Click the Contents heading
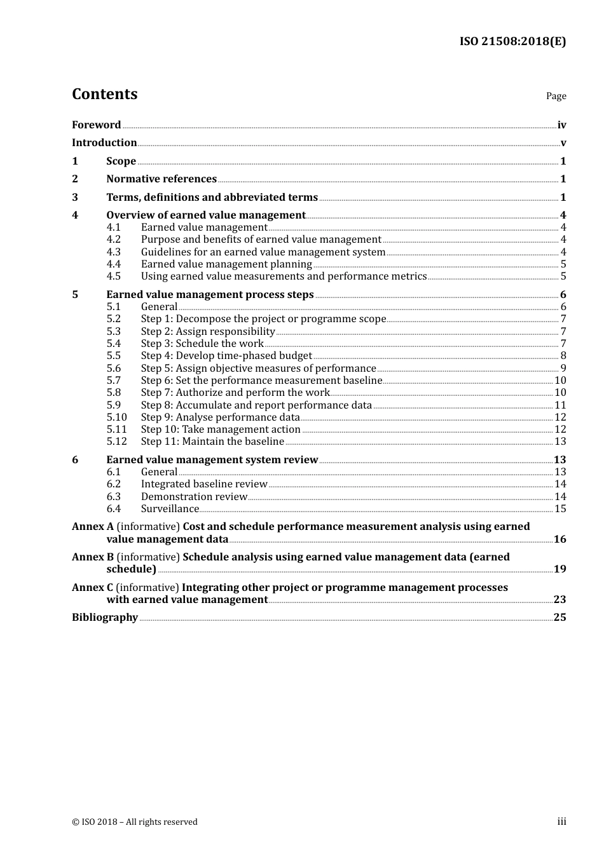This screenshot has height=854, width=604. (x=104, y=94)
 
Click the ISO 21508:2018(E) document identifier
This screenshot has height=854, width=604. (x=512, y=41)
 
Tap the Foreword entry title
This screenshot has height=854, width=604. (x=96, y=125)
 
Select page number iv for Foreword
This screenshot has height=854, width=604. (x=561, y=125)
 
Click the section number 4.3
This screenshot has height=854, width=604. (x=113, y=252)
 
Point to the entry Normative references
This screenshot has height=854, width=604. (x=161, y=179)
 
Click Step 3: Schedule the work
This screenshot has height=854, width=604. (x=202, y=344)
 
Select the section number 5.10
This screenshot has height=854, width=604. (x=116, y=417)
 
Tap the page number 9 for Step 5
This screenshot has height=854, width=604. (x=563, y=369)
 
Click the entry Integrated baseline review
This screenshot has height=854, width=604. (x=204, y=484)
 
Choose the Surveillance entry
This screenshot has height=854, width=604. (x=170, y=509)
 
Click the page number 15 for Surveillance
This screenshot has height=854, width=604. (x=560, y=509)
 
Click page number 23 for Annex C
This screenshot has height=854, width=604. (x=559, y=600)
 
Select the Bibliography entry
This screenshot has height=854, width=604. (x=105, y=618)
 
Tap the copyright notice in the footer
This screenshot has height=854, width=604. (x=135, y=822)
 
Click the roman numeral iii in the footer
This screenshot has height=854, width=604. (x=561, y=822)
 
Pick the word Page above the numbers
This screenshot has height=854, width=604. (x=556, y=96)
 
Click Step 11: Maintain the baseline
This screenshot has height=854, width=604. (x=212, y=442)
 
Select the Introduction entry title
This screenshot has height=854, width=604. (x=104, y=143)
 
